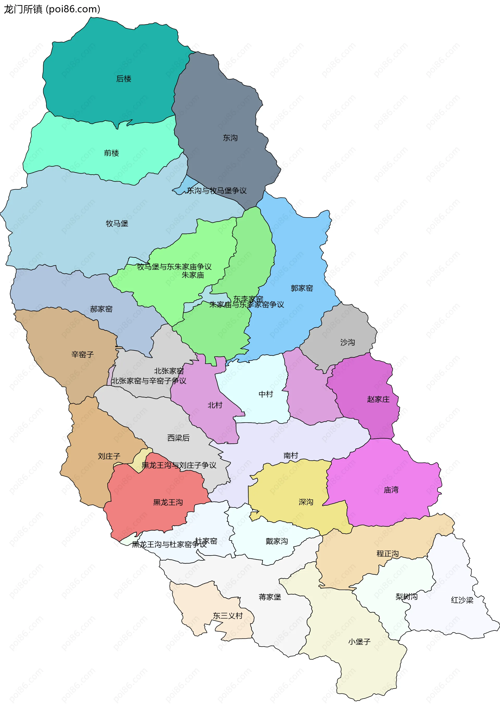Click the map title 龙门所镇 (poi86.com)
pos(52,9)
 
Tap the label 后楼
pos(124,79)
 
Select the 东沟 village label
pos(230,138)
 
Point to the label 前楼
pos(111,153)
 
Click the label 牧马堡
pos(117,224)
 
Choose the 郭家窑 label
pos(302,288)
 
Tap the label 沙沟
pos(347,342)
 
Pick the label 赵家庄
pos(378,399)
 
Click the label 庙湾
pos(391,490)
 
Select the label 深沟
pos(306,502)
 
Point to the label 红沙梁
pos(462,600)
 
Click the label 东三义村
pos(228,616)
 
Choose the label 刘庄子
pos(109,456)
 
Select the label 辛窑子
pos(83,355)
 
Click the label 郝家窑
pos(101,309)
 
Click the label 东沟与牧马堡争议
pos(217,191)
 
